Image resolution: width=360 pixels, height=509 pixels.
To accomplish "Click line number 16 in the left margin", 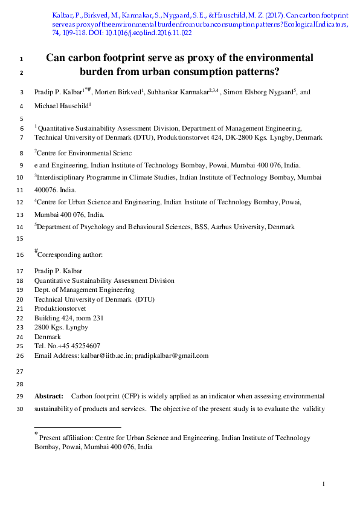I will (x=21, y=255).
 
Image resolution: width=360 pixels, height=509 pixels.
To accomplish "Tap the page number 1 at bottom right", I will (x=324, y=484).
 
